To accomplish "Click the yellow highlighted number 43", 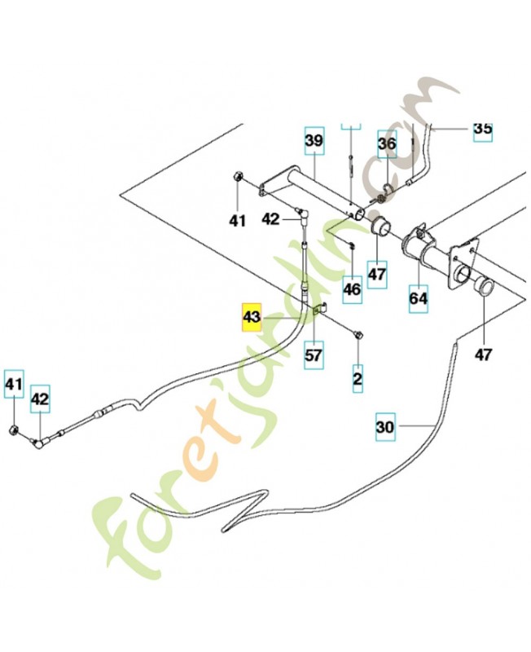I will point(251,317).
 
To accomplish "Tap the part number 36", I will point(387,145).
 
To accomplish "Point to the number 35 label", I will point(483,129).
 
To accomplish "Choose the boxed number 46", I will point(351,289).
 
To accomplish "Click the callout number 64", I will point(418,298).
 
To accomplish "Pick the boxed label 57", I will point(314,355).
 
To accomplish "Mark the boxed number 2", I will point(358,378).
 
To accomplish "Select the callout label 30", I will point(386,425).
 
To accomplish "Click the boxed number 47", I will point(376,275).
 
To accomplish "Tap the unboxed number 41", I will point(237,220).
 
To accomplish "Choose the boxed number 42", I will point(41,399).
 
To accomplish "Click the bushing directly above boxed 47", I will point(379,226).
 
